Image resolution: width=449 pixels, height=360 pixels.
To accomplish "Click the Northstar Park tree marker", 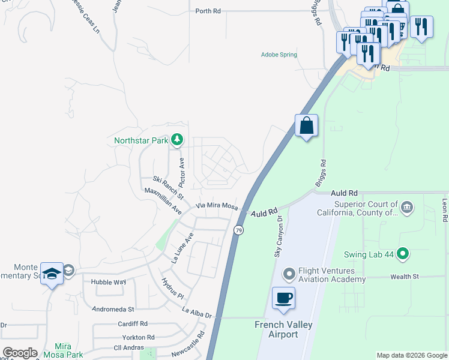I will (176, 140).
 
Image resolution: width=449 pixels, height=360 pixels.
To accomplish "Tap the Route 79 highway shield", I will (239, 230).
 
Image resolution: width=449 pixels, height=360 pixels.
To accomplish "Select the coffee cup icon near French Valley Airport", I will (283, 298).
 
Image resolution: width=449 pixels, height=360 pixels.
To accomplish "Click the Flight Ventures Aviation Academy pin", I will (289, 274).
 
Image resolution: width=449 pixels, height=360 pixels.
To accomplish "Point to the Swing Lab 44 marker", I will (403, 254).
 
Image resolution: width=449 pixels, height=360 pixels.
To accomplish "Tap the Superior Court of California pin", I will (407, 208).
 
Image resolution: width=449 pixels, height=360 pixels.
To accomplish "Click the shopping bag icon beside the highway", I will (306, 126).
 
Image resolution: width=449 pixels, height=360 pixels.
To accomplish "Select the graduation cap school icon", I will (52, 273).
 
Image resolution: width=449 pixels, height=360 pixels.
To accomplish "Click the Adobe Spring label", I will (279, 55).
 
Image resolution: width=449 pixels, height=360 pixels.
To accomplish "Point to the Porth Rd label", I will (208, 11).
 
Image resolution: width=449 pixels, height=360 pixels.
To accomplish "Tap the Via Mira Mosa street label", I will (217, 206).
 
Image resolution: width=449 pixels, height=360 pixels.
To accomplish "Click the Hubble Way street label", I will (108, 281).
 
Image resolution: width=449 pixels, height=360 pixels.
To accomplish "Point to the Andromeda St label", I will (113, 310).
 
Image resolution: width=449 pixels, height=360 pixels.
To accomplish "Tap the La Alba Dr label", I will (197, 312).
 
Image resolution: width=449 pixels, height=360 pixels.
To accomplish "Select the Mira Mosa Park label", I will (68, 350).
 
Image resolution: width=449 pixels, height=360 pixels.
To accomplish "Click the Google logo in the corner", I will (20, 353).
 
